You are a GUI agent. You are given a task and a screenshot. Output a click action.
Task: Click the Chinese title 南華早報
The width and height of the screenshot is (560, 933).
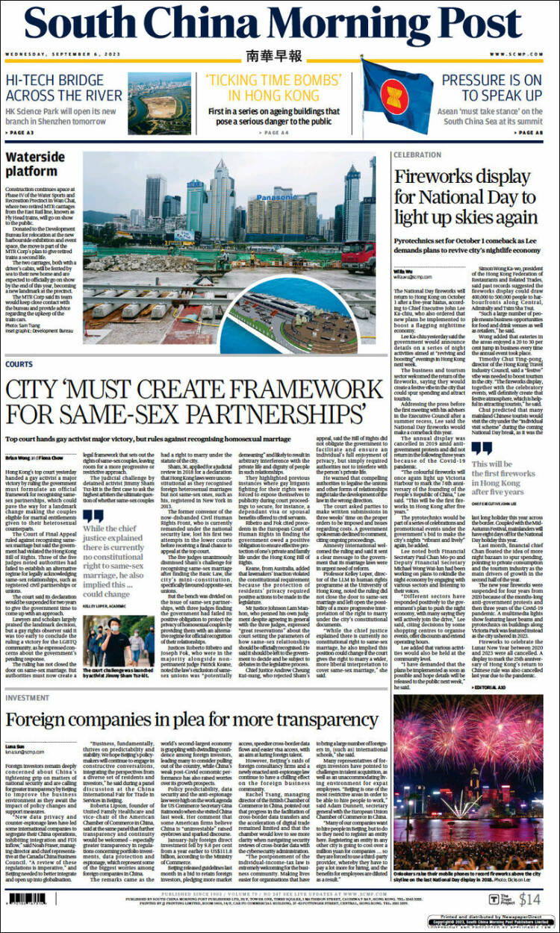coord(275,56)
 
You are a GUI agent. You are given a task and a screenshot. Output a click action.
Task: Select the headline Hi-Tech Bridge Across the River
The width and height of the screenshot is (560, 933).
coord(64,87)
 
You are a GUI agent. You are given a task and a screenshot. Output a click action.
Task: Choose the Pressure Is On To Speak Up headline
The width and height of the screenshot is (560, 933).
coord(491,87)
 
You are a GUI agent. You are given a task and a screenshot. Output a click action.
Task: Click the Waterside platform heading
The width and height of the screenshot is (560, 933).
coord(37,163)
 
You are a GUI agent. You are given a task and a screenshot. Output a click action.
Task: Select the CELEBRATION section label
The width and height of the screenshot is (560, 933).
coord(417,155)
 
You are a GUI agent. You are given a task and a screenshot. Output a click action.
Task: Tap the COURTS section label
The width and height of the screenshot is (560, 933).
coord(19,364)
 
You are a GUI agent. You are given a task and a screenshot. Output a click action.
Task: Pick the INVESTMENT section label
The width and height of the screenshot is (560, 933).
coord(28,697)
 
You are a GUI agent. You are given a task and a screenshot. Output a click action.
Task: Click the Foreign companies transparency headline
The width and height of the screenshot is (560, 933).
coord(193,720)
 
